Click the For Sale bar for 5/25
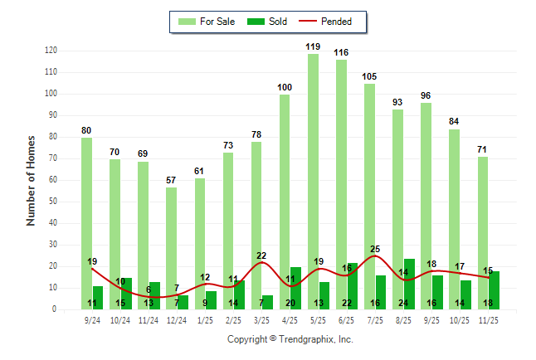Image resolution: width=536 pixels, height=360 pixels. tap(313, 182)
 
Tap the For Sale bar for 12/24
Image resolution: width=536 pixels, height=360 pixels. tap(171, 248)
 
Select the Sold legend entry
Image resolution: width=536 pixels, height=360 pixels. tap(267, 22)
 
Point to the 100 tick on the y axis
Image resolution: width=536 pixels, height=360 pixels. tap(51, 94)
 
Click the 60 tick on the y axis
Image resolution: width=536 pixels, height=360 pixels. tap(52, 180)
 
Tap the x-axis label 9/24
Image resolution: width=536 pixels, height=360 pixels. tap(92, 319)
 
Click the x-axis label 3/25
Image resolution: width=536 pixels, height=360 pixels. tap(262, 319)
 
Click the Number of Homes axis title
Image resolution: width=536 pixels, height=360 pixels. tap(32, 180)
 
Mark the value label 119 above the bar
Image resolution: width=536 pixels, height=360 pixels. tap(313, 46)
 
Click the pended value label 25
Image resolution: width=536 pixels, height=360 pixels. tap(375, 248)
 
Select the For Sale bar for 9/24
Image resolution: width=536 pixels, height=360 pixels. tap(86, 223)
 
